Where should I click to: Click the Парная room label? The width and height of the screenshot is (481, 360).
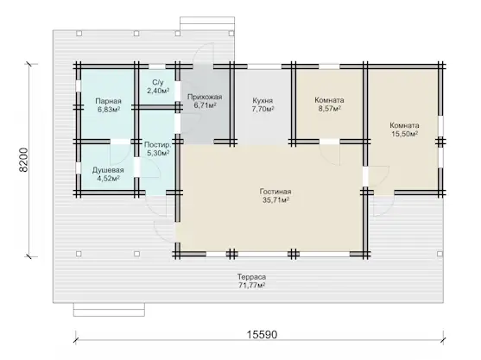coord(108,101)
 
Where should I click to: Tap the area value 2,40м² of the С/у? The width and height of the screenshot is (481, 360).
coord(158,91)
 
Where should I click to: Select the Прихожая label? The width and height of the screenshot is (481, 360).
coord(205,97)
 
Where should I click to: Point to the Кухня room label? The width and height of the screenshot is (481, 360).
coord(263,101)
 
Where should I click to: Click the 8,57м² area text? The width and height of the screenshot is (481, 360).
coord(330,109)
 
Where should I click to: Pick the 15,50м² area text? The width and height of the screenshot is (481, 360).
coord(405,134)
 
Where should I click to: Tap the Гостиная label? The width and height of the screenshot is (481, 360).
coord(275,192)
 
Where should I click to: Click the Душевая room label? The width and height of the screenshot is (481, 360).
coord(108,170)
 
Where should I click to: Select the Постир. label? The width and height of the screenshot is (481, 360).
coord(158,145)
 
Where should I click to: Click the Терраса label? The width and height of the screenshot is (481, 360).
coord(251,277)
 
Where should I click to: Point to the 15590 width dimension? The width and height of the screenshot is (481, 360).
coord(263,335)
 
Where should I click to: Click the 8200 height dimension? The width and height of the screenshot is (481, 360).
coord(23,160)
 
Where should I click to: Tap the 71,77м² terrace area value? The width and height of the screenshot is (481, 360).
coord(251,286)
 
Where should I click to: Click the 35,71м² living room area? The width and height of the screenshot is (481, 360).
coord(275,200)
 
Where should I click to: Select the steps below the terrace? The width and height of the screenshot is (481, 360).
coord(109,309)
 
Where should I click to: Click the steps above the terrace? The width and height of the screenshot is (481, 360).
coord(207,23)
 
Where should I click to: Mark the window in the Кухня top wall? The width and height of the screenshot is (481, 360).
coord(264,66)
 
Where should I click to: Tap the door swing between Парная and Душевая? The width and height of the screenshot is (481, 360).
coord(121,154)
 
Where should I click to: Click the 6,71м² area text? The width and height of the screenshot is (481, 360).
coord(205,105)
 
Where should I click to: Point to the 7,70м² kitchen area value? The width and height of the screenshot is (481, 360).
coord(263,109)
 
